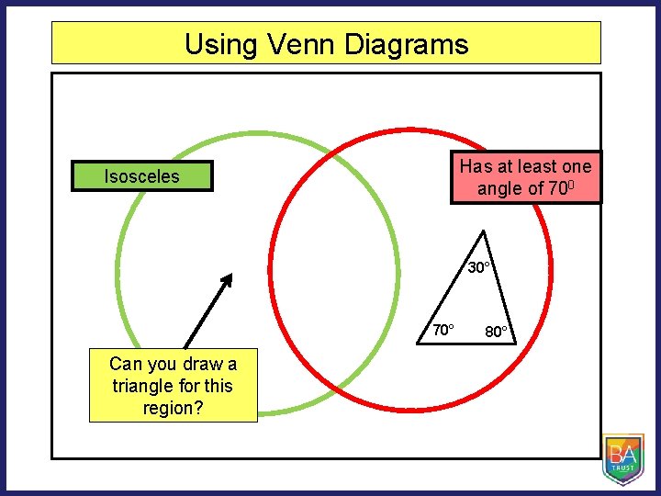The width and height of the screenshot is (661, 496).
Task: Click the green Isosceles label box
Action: pyautogui.click(x=142, y=176)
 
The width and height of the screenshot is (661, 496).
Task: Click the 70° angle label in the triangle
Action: pyautogui.click(x=443, y=329)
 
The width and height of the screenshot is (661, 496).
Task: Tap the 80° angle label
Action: pyautogui.click(x=499, y=332)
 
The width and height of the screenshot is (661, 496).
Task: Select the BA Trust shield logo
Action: pyautogui.click(x=622, y=457)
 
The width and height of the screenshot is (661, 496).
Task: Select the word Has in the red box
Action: pyautogui.click(x=476, y=166)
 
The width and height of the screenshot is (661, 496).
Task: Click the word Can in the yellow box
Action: pyautogui.click(x=127, y=364)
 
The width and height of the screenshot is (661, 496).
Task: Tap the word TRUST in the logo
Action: pyautogui.click(x=622, y=468)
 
